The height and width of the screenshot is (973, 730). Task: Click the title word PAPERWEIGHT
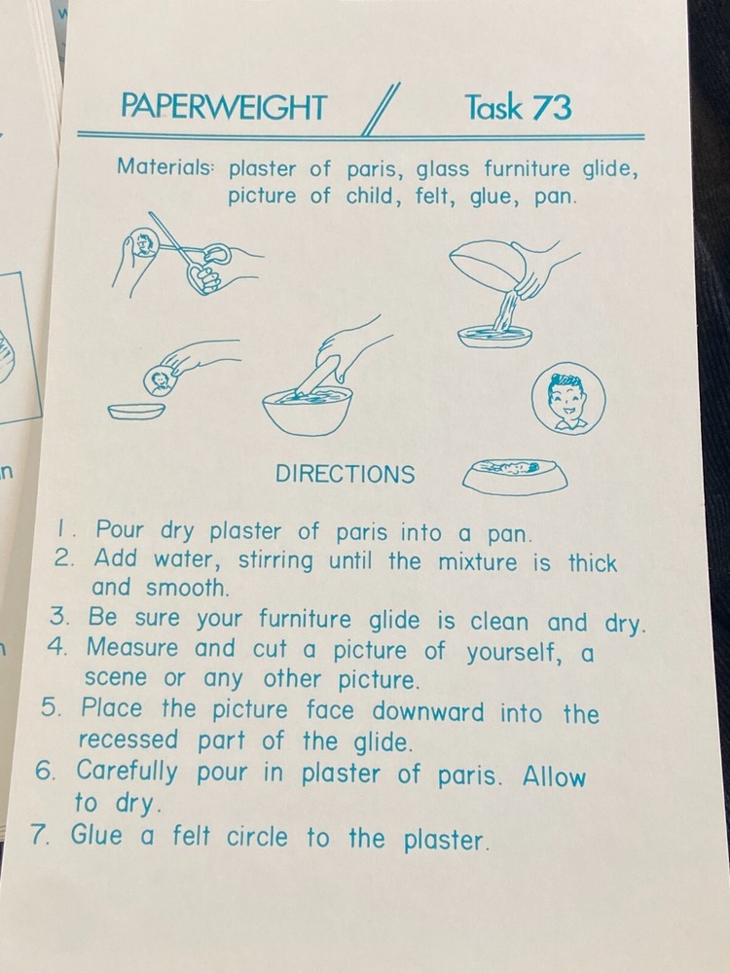224,106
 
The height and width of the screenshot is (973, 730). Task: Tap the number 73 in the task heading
553,107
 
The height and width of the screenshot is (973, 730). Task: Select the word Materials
164,166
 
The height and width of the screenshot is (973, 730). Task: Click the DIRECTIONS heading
346,474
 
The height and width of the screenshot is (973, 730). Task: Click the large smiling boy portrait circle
568,398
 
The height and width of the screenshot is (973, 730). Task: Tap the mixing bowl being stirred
308,411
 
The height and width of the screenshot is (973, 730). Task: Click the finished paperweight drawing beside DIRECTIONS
515,477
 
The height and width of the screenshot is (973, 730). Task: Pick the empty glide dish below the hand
136,412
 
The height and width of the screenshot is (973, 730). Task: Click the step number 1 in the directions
62,530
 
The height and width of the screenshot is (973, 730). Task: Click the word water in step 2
186,561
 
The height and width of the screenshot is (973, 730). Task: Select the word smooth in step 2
187,588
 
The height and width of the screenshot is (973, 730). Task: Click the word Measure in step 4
132,648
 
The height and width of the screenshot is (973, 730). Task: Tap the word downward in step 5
427,711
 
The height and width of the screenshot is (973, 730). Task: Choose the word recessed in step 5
128,739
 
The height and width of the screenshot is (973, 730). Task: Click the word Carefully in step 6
128,772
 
